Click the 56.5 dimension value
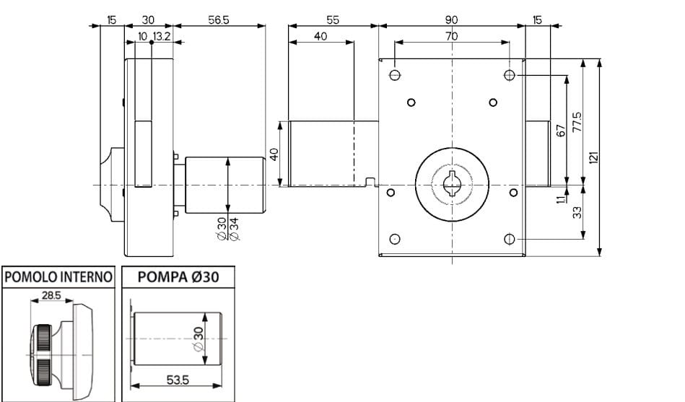tap(219, 20)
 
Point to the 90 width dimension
tap(452, 20)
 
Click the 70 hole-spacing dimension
tap(451, 36)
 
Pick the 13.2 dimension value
tap(162, 36)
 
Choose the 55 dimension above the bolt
tap(333, 20)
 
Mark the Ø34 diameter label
tap(233, 228)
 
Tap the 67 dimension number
tap(560, 130)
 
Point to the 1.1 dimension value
tap(560, 196)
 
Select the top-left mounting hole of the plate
tap(395, 75)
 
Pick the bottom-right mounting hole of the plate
tap(509, 239)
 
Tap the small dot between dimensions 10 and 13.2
tap(151, 42)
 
